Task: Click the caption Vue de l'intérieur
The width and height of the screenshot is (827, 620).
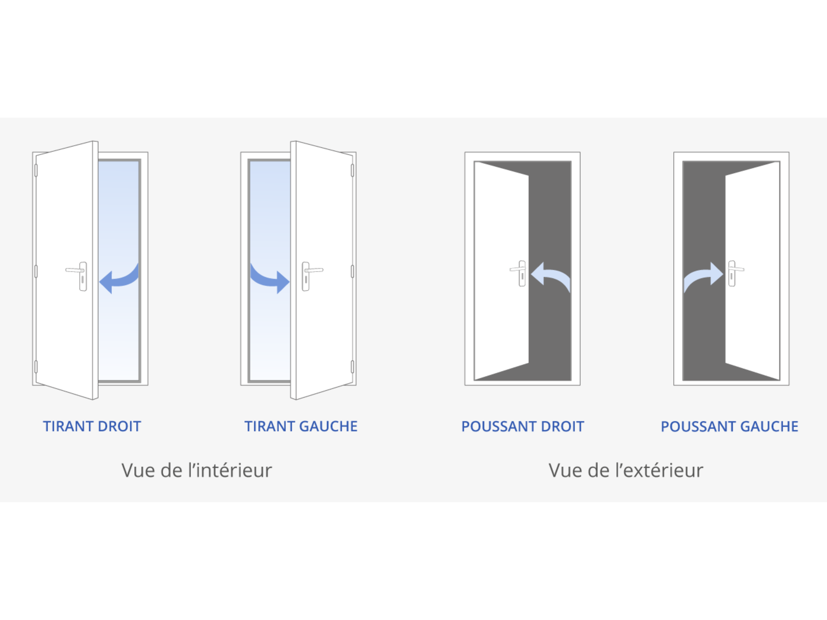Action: point(197,470)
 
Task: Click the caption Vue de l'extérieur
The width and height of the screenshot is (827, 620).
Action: point(626,470)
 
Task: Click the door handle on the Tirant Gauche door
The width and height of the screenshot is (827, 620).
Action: point(312,276)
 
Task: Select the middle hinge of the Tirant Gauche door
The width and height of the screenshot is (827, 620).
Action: point(352,271)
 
